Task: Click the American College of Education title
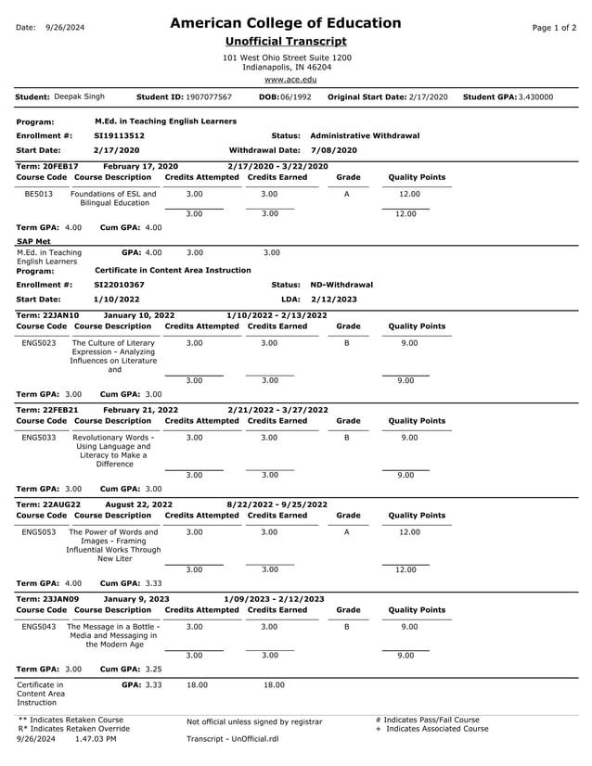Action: click(x=286, y=23)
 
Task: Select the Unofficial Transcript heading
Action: click(x=286, y=42)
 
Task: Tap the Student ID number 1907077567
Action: click(x=209, y=96)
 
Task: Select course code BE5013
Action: click(x=39, y=194)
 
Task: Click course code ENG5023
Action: click(x=39, y=343)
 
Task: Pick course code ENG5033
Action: click(x=39, y=438)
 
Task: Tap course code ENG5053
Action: click(x=39, y=532)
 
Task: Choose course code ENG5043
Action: click(x=39, y=627)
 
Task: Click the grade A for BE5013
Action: click(x=346, y=194)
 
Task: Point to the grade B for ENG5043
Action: click(x=346, y=627)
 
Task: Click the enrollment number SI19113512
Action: click(x=119, y=135)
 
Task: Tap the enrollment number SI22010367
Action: click(x=119, y=285)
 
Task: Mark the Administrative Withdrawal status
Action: click(x=364, y=135)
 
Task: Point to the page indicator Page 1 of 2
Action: click(x=554, y=28)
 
